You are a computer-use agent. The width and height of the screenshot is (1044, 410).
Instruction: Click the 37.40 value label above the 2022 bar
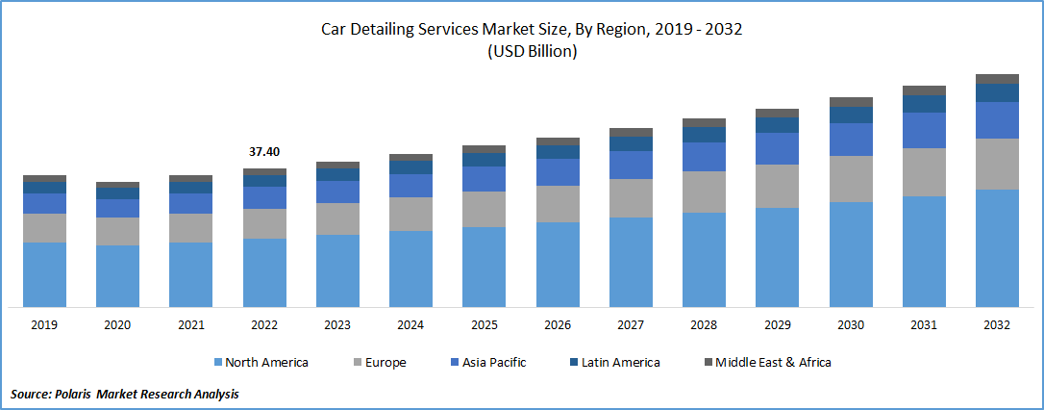tap(264, 152)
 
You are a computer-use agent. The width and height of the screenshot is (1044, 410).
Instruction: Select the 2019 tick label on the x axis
tap(44, 325)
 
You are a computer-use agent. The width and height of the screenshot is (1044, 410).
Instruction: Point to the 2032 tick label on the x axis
tap(997, 325)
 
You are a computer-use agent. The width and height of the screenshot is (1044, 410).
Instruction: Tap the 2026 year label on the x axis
tap(558, 325)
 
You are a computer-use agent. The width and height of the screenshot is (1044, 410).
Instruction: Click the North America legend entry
tap(265, 363)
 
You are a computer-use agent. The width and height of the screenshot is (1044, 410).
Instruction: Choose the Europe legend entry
tap(385, 363)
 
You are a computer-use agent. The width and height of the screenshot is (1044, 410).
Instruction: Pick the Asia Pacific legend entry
tap(493, 363)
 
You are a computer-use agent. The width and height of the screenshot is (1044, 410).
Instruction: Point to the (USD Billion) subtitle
tap(532, 52)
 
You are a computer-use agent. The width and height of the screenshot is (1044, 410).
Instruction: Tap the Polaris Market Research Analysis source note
tap(125, 394)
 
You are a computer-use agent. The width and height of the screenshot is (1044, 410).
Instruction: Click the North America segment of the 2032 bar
tap(997, 248)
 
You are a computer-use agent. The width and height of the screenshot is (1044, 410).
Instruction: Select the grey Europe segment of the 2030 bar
tap(851, 178)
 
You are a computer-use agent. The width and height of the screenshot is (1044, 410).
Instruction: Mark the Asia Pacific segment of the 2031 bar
tap(924, 130)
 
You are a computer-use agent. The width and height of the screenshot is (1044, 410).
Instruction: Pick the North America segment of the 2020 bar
tap(117, 276)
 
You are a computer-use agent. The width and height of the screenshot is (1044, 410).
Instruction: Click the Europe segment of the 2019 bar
tap(44, 227)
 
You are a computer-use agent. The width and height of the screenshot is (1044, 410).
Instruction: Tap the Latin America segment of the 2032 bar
tap(997, 92)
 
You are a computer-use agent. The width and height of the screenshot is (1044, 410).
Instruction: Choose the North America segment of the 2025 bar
tap(484, 267)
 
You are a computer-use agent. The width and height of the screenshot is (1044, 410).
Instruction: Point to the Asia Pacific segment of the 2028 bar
tap(704, 157)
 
